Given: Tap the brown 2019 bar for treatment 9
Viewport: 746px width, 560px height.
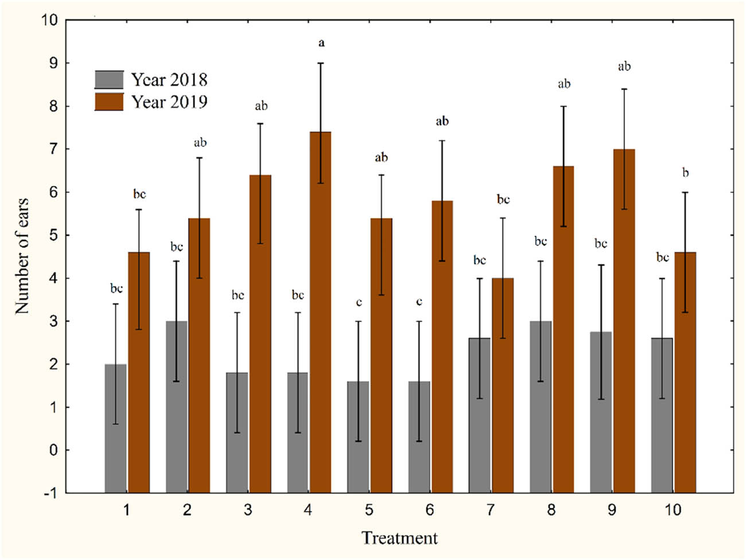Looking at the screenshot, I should pos(624,321).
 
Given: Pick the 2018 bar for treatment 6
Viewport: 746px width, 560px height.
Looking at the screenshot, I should pos(419,437).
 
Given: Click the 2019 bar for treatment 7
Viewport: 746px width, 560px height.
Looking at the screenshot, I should pos(503,385).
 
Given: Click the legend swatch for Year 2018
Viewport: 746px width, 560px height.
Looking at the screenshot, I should pos(109,79).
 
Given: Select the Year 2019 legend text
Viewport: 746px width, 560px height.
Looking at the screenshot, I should pos(169,102).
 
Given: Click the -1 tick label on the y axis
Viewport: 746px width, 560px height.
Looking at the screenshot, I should pos(50,493).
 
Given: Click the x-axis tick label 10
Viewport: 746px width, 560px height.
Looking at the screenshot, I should pos(673,510).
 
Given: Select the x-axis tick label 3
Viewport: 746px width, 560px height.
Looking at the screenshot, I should pos(248,510).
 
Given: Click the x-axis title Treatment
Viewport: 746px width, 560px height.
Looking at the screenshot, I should pos(399,538).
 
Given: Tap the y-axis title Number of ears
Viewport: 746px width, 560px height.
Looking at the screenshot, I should pos(22,256).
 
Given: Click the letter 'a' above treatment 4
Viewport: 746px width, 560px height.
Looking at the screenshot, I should pos(321,42).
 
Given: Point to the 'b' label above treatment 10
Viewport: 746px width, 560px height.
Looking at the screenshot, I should pos(685,173).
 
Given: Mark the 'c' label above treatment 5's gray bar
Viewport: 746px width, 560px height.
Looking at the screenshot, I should pos(359,302).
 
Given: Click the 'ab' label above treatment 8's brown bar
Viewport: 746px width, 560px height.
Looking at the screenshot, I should pos(564,84).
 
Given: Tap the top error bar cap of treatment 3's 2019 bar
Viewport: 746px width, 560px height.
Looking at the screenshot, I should pos(260,123).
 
